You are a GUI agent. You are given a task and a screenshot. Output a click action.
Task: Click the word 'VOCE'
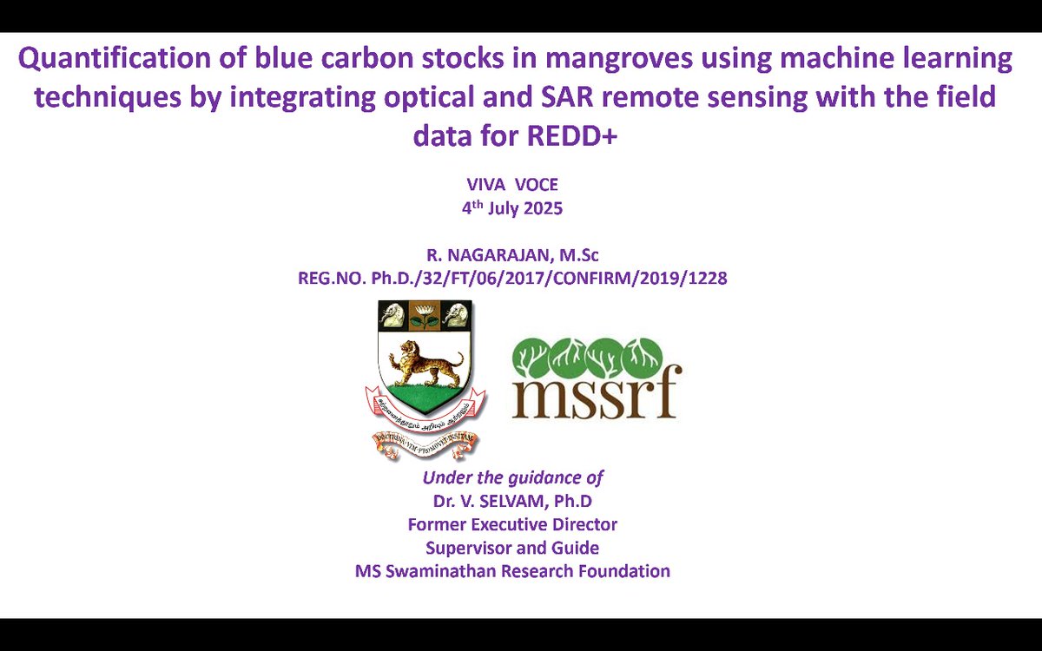coord(539,185)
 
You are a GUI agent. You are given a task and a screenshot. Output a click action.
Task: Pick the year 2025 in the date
coord(542,208)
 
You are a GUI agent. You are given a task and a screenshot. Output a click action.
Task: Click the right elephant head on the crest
coord(458,315)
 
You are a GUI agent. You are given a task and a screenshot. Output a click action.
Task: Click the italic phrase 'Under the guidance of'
coord(512,477)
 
